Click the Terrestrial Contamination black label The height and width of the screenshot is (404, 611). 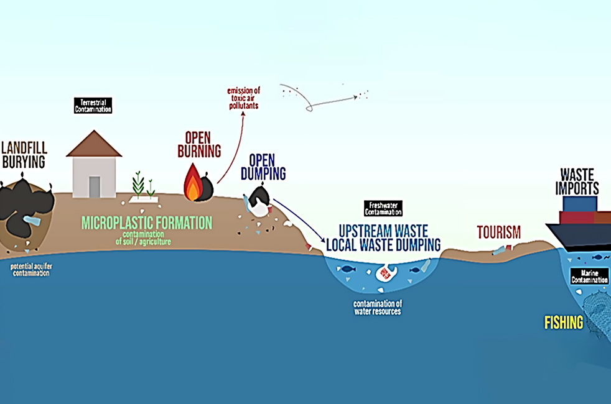[x=93, y=105]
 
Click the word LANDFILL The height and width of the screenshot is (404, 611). [x=24, y=148]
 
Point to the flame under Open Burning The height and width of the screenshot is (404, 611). [x=193, y=183]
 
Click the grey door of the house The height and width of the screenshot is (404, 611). [x=94, y=186]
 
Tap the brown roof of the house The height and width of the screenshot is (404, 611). [x=94, y=144]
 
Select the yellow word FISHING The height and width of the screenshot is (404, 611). [x=564, y=323]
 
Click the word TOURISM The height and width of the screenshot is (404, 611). [x=498, y=232]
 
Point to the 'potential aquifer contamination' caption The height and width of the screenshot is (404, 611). [x=30, y=270]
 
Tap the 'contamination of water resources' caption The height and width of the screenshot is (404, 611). [x=378, y=307]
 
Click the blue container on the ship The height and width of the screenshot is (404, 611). [x=579, y=204]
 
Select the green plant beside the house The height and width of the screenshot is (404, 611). [x=139, y=185]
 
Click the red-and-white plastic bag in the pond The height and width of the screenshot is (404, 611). [x=387, y=273]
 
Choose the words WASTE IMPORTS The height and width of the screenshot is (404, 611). [x=579, y=181]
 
